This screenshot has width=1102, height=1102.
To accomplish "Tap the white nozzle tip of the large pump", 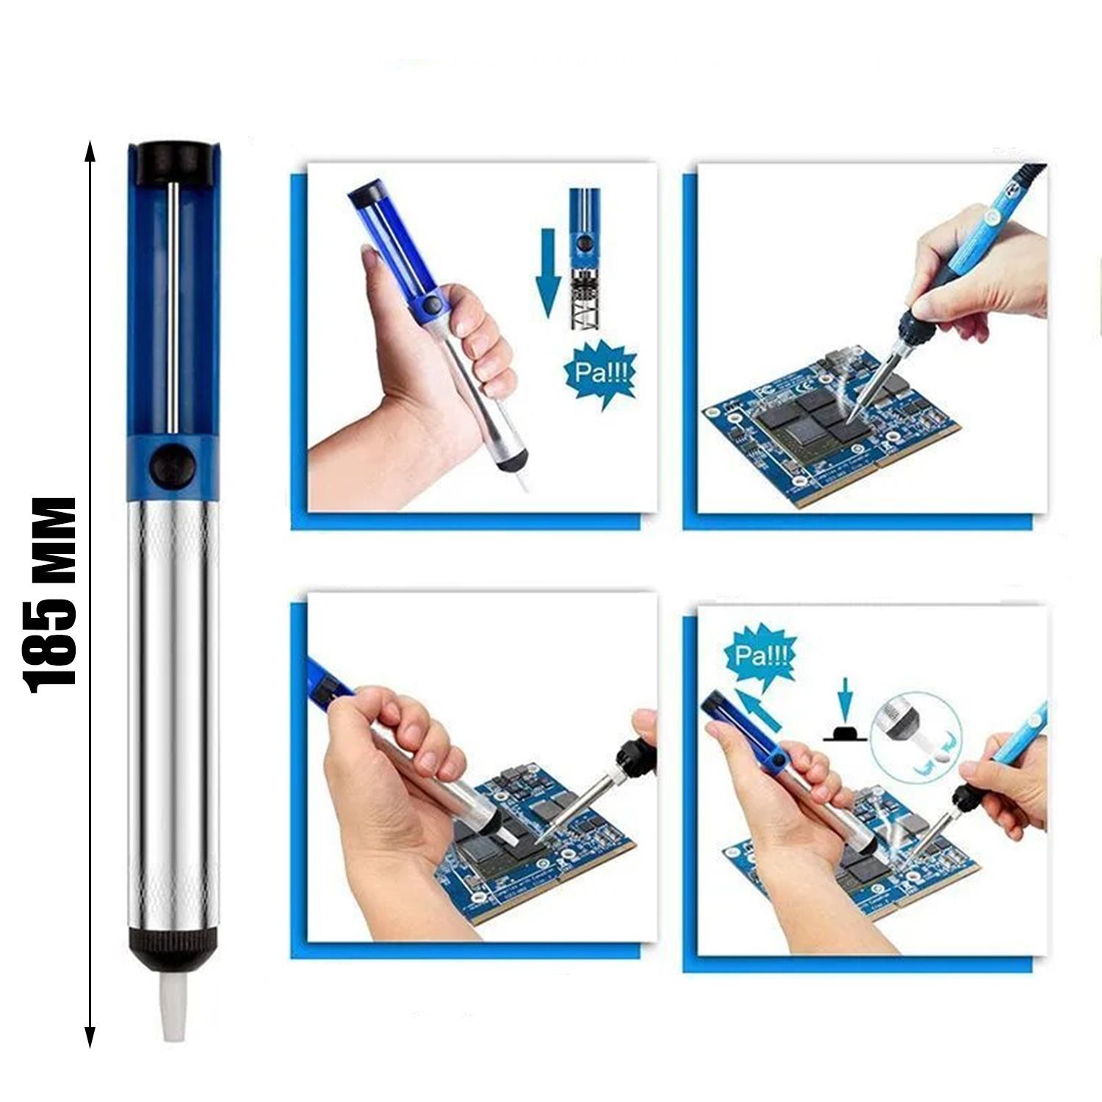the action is (x=171, y=1006).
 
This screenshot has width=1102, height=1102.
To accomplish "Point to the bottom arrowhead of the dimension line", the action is (x=90, y=1037).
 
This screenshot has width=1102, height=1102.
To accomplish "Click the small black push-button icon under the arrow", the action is (x=844, y=732).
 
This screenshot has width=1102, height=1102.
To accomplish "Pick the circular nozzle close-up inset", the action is (x=912, y=735).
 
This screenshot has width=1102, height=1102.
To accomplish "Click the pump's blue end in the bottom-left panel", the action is (x=328, y=680).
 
